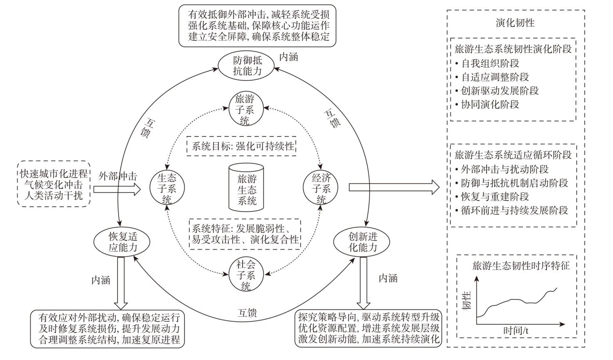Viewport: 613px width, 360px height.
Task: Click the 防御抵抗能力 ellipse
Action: [247, 65]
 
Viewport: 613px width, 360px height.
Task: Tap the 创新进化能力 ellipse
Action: [362, 242]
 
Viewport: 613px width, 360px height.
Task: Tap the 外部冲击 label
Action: [118, 176]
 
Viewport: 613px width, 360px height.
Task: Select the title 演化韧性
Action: [515, 22]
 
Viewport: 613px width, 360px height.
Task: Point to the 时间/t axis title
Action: [516, 331]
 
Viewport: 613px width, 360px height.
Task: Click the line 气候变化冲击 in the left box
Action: [54, 184]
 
